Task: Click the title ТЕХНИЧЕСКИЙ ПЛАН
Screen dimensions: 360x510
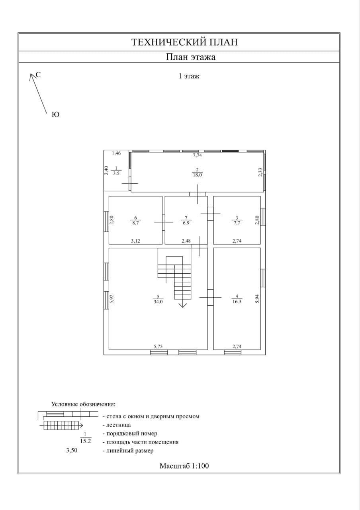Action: (184, 42)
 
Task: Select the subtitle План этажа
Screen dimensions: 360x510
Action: (191, 57)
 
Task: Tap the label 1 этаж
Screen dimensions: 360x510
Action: (189, 76)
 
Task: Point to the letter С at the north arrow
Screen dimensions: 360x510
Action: (38, 75)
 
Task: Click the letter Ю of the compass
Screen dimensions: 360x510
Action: (56, 115)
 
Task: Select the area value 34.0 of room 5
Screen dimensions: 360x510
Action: (158, 302)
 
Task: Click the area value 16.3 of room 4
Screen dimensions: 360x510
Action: (237, 302)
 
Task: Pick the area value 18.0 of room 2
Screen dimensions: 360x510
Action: (198, 175)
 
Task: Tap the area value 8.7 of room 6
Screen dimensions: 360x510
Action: (135, 223)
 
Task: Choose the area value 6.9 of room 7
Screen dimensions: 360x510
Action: (186, 223)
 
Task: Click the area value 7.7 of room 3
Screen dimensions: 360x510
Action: (237, 223)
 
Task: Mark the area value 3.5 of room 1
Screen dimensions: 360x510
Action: (116, 174)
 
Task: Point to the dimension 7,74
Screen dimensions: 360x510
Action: (198, 155)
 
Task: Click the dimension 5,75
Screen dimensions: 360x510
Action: (158, 346)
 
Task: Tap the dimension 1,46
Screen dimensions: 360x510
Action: (116, 153)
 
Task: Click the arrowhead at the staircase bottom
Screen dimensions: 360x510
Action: (183, 305)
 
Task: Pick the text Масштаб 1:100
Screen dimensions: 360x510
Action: (184, 465)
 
